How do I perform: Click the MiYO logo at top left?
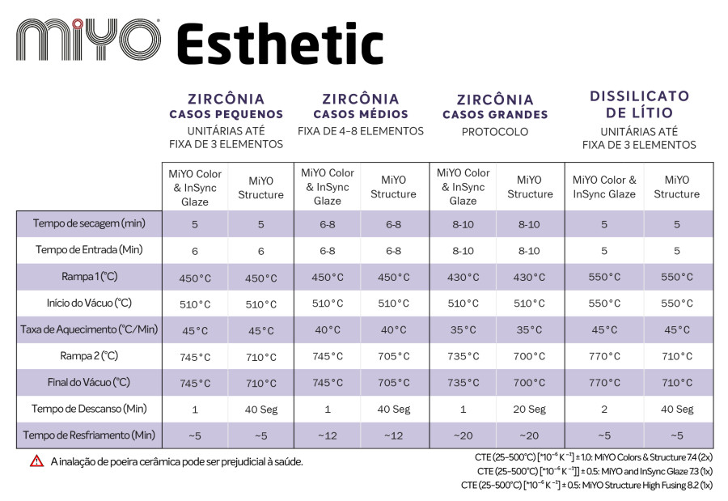click(88, 40)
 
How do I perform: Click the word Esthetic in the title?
click(281, 44)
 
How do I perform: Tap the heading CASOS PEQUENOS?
click(226, 114)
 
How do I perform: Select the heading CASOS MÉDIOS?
click(361, 114)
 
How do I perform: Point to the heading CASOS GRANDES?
click(495, 115)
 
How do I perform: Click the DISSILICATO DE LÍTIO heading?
click(639, 104)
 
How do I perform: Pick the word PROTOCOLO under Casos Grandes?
click(495, 132)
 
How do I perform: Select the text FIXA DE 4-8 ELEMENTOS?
click(361, 132)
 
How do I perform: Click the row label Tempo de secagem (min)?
click(89, 223)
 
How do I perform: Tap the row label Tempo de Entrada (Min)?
click(89, 250)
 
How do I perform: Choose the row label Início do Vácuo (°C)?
click(89, 303)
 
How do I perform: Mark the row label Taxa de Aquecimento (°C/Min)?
click(89, 329)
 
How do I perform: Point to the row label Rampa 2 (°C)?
click(89, 356)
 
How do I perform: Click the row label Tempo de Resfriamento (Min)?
click(89, 435)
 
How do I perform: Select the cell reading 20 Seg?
click(529, 410)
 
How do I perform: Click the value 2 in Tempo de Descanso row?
click(604, 410)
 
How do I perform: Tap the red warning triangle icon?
click(36, 461)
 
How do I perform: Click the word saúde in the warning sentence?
click(288, 462)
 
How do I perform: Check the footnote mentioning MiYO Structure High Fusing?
click(587, 485)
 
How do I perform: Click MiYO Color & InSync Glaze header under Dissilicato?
click(604, 187)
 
